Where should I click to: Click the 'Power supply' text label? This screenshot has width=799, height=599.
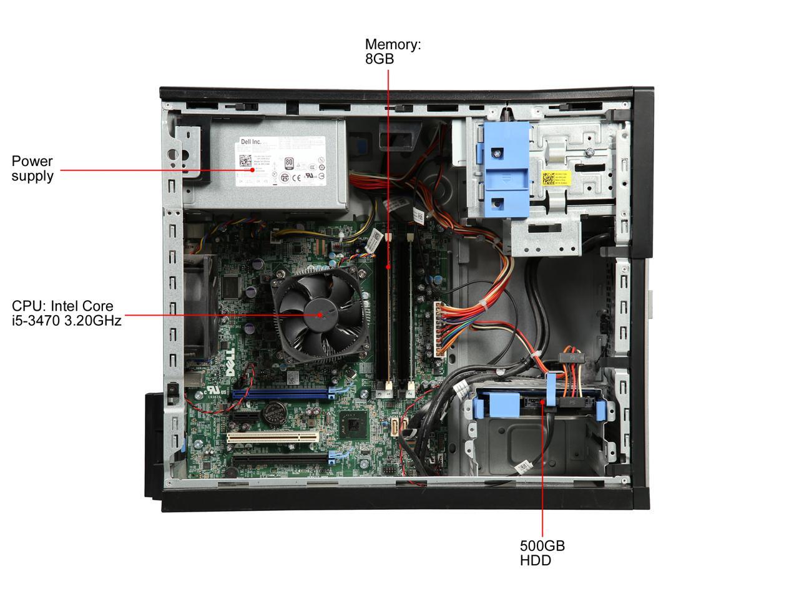(x=32, y=168)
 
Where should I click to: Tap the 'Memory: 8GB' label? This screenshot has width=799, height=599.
(x=393, y=51)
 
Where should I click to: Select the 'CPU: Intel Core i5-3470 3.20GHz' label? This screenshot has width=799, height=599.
(x=66, y=313)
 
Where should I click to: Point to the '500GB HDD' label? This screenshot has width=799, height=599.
(x=542, y=553)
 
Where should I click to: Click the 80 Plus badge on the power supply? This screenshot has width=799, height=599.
(x=288, y=163)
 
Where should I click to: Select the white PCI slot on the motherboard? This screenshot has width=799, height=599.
(x=272, y=436)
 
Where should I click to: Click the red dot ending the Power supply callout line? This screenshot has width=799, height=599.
(x=252, y=169)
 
